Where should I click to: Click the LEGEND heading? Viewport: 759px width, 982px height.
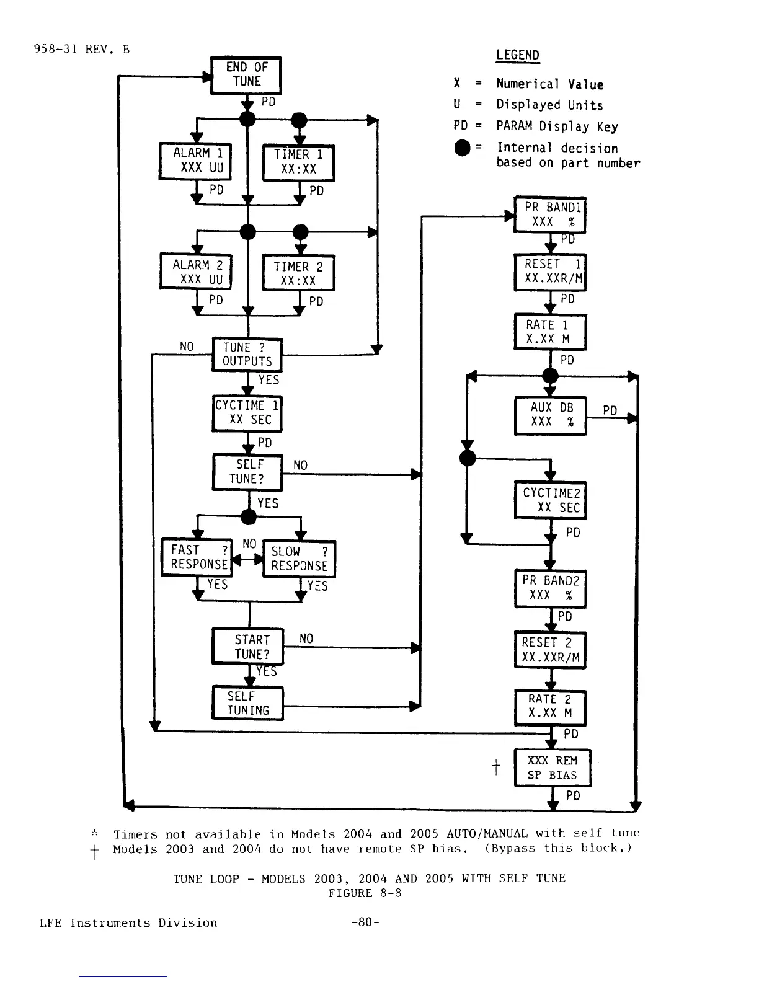[518, 55]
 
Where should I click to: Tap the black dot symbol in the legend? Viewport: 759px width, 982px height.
[462, 148]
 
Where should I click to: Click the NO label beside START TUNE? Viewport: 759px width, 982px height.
[306, 638]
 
